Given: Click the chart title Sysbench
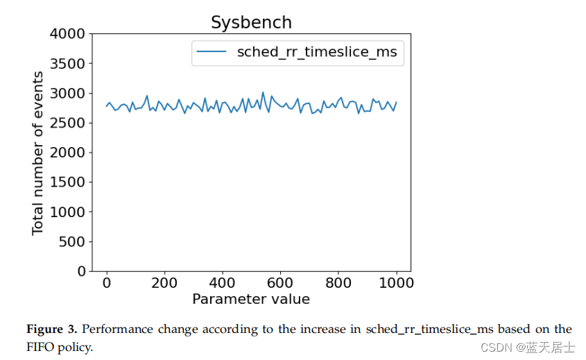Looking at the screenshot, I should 251,22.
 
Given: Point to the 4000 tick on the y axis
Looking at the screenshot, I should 68,34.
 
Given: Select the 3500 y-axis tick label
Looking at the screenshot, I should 68,64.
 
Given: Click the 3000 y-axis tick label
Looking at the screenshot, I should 68,94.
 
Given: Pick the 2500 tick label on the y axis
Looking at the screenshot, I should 68,123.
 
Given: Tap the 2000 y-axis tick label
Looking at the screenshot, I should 68,153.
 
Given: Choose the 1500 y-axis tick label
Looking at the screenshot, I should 68,182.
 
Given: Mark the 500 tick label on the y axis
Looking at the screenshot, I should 72,241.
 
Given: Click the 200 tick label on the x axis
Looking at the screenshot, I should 164,283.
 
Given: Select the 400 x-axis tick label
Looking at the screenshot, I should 223,283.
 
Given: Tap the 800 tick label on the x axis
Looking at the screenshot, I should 338,283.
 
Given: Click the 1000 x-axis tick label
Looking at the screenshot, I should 397,283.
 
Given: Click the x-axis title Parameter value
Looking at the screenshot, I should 251,299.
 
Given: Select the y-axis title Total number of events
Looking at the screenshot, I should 38,153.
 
